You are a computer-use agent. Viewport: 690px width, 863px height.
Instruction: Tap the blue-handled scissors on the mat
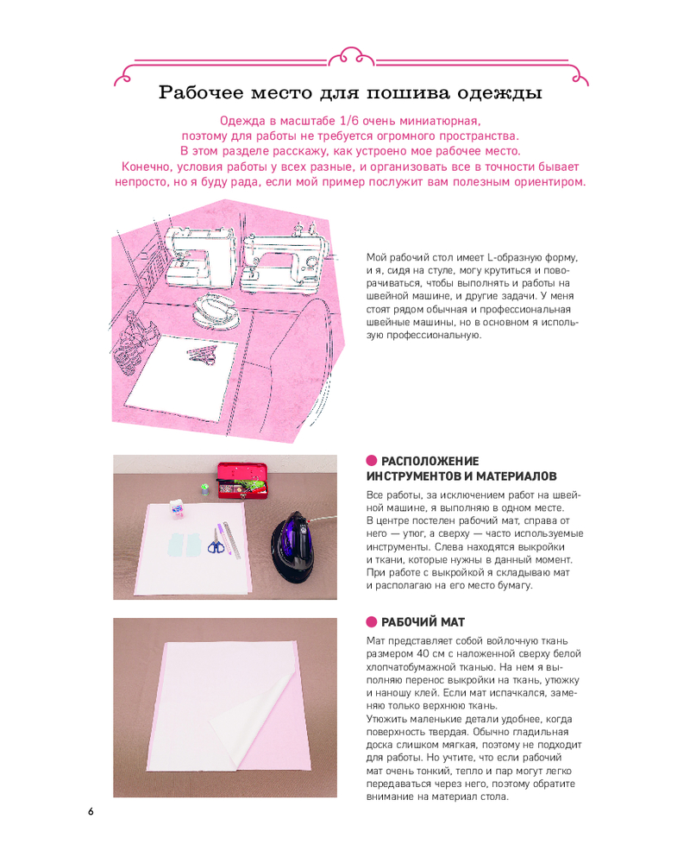tap(215, 542)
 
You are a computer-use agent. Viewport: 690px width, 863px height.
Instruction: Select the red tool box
tap(242, 481)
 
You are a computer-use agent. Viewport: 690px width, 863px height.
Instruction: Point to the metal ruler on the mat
tap(232, 540)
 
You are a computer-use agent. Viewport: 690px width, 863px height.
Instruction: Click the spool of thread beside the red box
tap(204, 489)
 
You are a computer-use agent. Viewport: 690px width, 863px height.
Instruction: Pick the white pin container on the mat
tap(176, 509)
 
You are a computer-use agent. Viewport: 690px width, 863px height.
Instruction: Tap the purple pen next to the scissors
tap(222, 539)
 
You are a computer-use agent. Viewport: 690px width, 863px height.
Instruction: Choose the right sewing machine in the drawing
tap(282, 263)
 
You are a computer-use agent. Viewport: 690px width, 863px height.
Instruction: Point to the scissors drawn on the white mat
tap(202, 355)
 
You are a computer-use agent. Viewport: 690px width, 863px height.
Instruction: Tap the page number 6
tap(91, 811)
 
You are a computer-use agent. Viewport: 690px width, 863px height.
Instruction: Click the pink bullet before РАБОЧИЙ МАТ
tap(372, 622)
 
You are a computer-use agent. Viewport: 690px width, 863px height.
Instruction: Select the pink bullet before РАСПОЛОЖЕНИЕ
tap(372, 461)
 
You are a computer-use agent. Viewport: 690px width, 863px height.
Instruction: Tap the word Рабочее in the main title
tap(201, 92)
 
